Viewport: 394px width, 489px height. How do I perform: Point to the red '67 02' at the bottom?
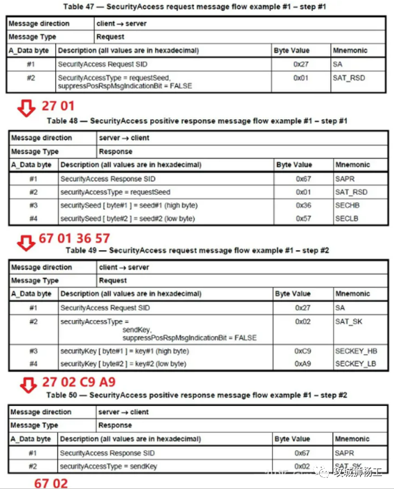click(x=51, y=483)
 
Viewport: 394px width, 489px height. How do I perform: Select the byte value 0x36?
click(x=304, y=206)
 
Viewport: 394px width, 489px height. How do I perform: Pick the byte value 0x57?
click(x=304, y=218)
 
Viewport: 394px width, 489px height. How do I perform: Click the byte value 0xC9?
click(x=304, y=351)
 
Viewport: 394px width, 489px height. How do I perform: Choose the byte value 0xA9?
click(x=304, y=364)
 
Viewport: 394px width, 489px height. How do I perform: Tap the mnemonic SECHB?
click(x=348, y=206)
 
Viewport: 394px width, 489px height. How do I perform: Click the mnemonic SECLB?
click(x=348, y=218)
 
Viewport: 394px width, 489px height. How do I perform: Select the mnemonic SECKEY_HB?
click(x=355, y=351)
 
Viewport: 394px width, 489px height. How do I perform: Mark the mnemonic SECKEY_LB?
click(x=355, y=364)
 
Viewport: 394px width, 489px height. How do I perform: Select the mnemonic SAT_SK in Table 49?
click(x=349, y=322)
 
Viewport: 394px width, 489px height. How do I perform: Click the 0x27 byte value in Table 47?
click(x=300, y=64)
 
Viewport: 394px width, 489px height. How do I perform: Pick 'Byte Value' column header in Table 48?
click(x=294, y=165)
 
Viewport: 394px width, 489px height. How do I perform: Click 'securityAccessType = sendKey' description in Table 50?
click(x=106, y=465)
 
